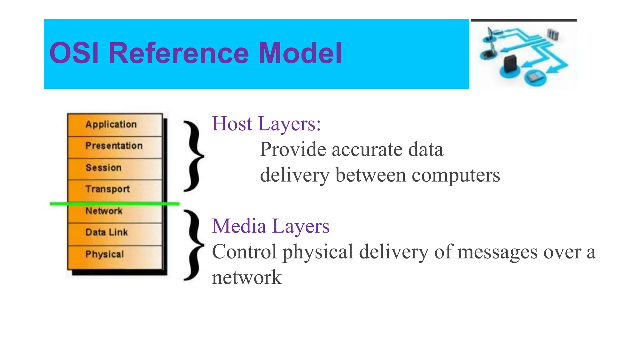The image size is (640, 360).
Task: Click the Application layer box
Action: tap(115, 125)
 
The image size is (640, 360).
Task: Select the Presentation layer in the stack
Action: tap(115, 146)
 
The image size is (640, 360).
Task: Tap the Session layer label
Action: tap(103, 168)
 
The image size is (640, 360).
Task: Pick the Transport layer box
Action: tap(115, 189)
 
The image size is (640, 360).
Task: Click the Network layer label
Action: tap(104, 211)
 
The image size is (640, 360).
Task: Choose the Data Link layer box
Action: tap(115, 233)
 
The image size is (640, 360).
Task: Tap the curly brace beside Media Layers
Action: tap(193, 245)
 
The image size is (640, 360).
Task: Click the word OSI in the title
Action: tap(74, 53)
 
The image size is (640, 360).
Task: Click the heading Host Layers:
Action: tap(266, 124)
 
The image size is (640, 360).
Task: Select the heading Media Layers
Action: tap(271, 226)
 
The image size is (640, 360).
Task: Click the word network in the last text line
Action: tap(247, 277)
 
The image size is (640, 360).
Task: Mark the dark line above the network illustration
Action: tap(523, 20)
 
